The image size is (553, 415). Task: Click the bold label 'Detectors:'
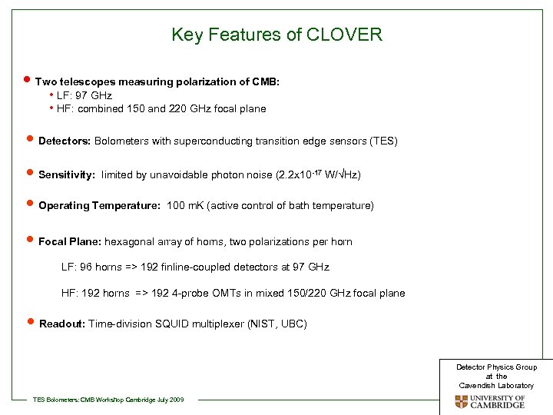[x=64, y=141]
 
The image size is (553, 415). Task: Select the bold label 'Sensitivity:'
[x=67, y=175]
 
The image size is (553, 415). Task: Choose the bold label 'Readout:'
[x=62, y=324]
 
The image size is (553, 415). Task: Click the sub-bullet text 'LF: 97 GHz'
[x=84, y=96]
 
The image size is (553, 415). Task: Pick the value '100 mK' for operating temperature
[x=184, y=206]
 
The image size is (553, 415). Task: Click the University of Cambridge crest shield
[x=461, y=402]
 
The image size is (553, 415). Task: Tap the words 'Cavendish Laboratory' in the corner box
[x=496, y=385]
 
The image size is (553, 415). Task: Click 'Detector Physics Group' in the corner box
[x=496, y=367]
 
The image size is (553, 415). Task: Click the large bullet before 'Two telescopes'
[x=28, y=81]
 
